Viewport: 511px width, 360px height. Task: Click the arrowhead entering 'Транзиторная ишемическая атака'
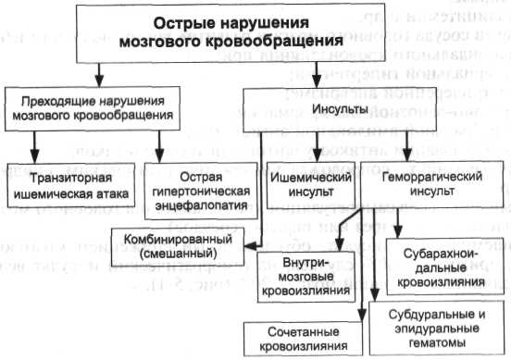(35, 157)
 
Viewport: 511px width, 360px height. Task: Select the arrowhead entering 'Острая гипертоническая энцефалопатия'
(159, 157)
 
